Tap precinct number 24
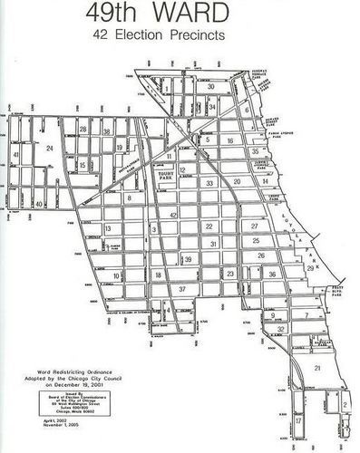tap(51, 147)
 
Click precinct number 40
tap(39, 205)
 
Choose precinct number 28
tap(83, 130)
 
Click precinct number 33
tap(209, 183)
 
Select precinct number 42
tap(173, 214)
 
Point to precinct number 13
tap(108, 228)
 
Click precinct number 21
tap(317, 369)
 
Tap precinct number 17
tap(297, 421)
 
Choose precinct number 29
tap(310, 268)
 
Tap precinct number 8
tap(129, 197)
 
